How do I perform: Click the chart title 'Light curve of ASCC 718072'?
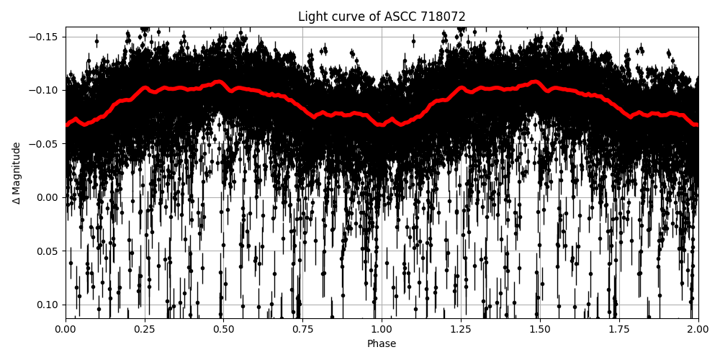[x=382, y=17]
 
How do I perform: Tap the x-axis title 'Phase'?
[x=382, y=344]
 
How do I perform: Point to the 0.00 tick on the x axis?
[x=66, y=329]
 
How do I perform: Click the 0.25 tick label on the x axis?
[x=145, y=329]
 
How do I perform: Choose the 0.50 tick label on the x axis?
[x=223, y=329]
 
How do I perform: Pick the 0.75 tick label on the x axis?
[x=302, y=329]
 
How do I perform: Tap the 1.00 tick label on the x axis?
[x=382, y=329]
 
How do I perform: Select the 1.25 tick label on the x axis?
[x=461, y=329]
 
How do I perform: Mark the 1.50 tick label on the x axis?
[x=540, y=329]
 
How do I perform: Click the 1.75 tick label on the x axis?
[x=618, y=329]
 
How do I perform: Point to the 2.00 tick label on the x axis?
[x=698, y=329]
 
